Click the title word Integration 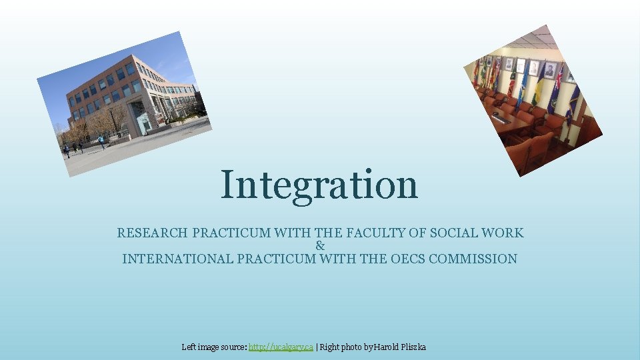coord(319,185)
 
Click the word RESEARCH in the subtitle coord(153,233)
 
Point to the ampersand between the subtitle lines coord(320,246)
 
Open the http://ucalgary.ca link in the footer coord(281,347)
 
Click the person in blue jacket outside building coord(101,141)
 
